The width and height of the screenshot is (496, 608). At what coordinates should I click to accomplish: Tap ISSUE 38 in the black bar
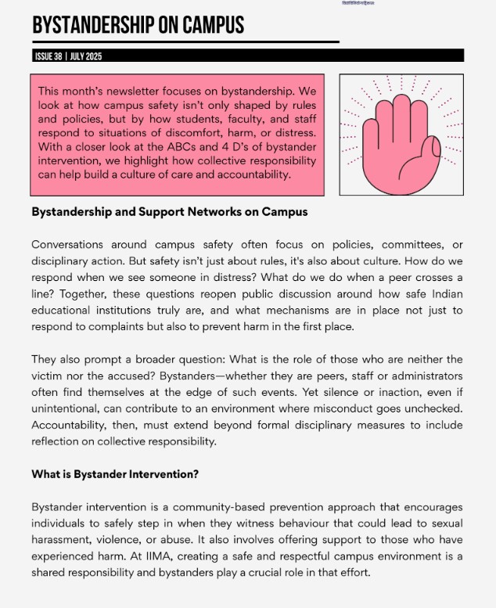(49, 56)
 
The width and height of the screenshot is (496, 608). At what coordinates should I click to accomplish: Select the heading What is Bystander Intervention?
(115, 473)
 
